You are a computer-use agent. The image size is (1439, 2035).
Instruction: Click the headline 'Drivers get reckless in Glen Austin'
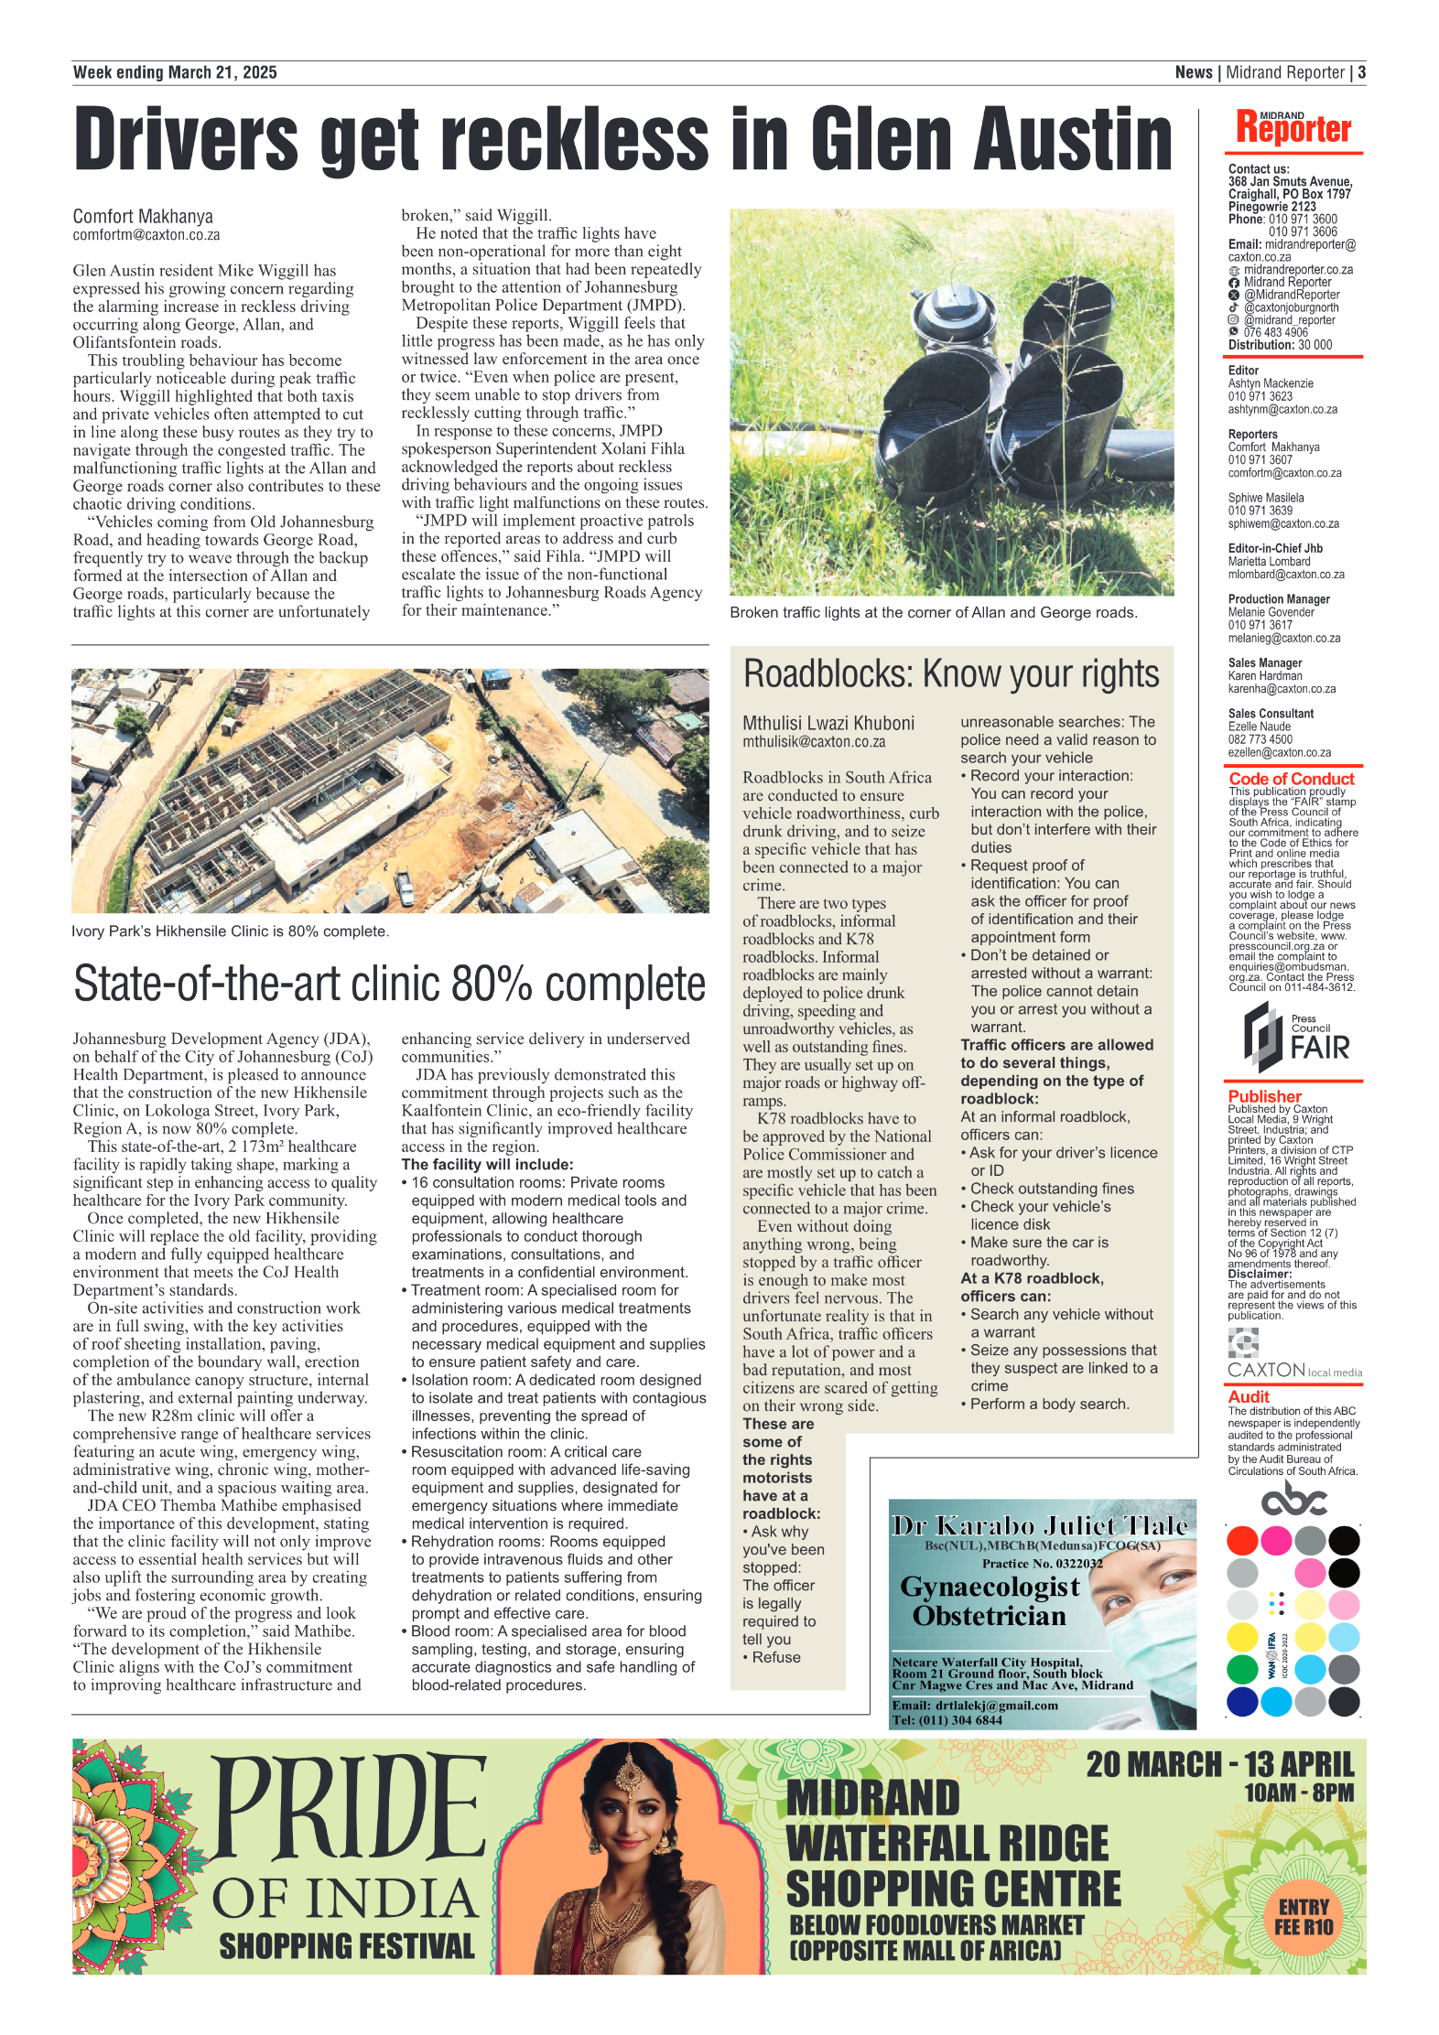coord(622,139)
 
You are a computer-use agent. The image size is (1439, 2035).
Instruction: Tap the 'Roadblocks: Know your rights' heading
coord(950,674)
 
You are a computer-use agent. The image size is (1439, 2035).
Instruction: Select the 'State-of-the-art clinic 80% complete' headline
coord(389,984)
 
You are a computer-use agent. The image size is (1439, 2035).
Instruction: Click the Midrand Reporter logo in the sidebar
coord(1293,128)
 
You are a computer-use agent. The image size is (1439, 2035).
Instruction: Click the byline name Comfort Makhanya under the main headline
coord(143,217)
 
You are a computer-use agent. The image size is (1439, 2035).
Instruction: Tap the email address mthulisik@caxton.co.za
coord(814,742)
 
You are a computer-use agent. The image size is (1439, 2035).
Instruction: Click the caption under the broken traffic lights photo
coord(933,613)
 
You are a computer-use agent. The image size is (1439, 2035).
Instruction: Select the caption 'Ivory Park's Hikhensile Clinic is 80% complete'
coord(230,931)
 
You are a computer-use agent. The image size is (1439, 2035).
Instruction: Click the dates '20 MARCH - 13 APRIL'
coord(1219,1765)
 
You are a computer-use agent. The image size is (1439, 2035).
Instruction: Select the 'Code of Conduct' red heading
coord(1291,779)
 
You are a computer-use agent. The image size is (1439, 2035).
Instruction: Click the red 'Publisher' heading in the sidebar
coord(1264,1096)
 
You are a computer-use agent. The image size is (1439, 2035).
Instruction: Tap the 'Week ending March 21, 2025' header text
coord(175,73)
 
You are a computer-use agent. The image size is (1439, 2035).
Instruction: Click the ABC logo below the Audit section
coord(1293,1500)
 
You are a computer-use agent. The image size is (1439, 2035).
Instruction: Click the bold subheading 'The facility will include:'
coord(487,1165)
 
